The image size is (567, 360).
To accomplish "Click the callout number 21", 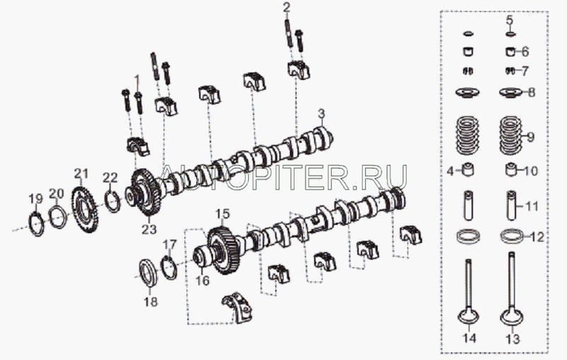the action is (81, 174).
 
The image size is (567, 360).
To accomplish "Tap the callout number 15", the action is (223, 214).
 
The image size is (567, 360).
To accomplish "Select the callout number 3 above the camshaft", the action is (322, 114).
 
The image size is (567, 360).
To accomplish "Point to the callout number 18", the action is (151, 301).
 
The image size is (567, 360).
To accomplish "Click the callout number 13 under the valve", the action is (512, 339).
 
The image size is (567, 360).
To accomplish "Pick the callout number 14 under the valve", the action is (468, 338).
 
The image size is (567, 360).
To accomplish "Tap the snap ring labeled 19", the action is (36, 225).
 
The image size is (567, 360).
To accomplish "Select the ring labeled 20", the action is (58, 217).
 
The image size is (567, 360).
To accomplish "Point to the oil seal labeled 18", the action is (148, 273).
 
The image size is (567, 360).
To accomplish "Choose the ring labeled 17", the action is (169, 267).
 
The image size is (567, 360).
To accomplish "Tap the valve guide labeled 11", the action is (512, 206).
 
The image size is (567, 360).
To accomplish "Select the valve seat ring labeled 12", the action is (512, 236).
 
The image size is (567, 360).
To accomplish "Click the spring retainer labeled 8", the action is (511, 93).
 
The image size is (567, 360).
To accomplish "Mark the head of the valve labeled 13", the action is (512, 317).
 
